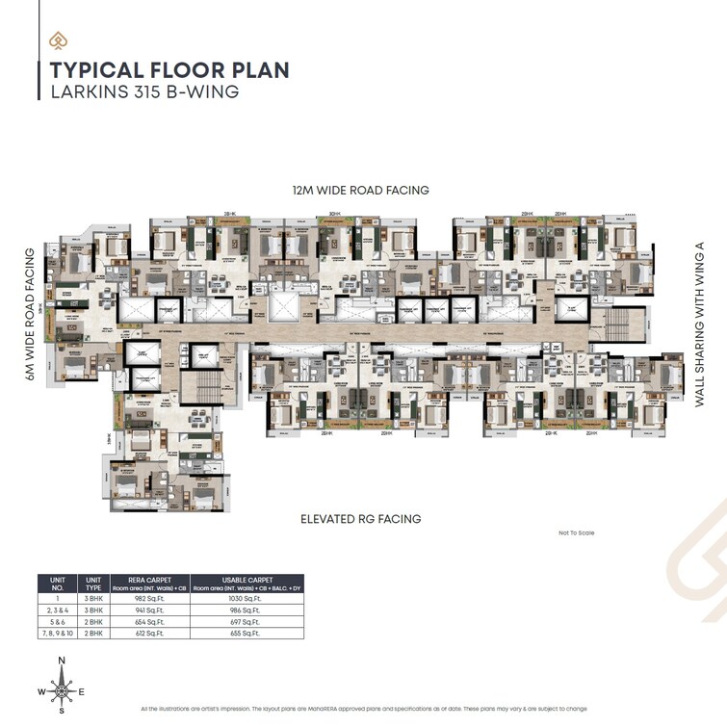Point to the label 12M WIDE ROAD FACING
click(362, 191)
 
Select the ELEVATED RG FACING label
click(361, 519)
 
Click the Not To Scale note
click(576, 532)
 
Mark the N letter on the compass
click(62, 660)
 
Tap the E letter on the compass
click(83, 691)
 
